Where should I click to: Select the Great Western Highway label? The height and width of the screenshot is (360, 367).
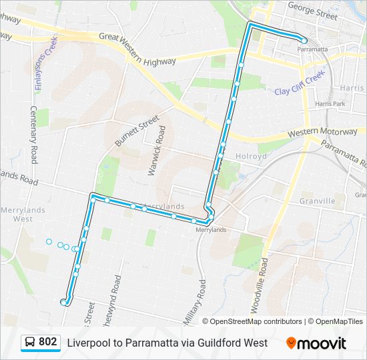pyautogui.click(x=137, y=51)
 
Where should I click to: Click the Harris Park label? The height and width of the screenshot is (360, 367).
pyautogui.click(x=330, y=104)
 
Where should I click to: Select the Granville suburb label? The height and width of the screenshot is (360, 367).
pyautogui.click(x=317, y=201)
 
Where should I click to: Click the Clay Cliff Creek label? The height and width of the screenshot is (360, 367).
pyautogui.click(x=299, y=82)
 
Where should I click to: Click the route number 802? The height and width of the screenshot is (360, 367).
pyautogui.click(x=47, y=342)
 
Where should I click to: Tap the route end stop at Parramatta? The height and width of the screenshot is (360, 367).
pyautogui.click(x=304, y=40)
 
